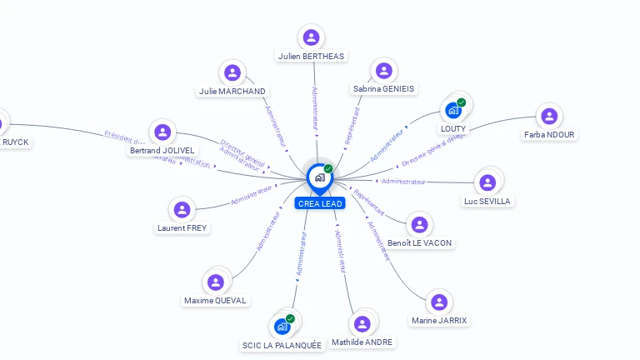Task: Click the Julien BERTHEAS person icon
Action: point(311,37)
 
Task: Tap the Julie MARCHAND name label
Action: point(232,91)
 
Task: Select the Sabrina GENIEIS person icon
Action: point(383,71)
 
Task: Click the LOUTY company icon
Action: point(453,110)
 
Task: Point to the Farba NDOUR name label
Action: point(549,134)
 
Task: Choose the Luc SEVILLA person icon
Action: point(487,182)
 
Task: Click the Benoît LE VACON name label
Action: point(420,242)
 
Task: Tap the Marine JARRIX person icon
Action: point(439,302)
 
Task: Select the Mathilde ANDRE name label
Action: point(362,342)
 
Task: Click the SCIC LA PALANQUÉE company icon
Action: point(282,326)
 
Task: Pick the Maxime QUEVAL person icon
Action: point(216,282)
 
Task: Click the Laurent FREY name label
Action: point(182,227)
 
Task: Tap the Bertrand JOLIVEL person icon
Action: point(162,132)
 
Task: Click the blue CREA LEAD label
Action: point(319,203)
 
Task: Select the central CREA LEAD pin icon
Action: point(319,177)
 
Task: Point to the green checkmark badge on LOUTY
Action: point(462,102)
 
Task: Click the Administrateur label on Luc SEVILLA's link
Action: point(403,181)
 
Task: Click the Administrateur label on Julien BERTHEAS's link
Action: point(314,107)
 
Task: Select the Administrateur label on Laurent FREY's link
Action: point(252,195)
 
